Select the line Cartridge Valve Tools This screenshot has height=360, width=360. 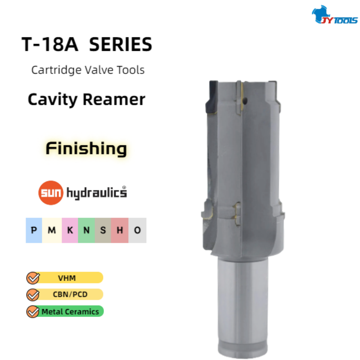click(x=88, y=70)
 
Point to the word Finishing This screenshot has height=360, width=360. click(x=86, y=148)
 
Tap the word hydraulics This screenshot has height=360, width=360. click(x=97, y=193)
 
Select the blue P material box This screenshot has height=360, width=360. click(x=34, y=230)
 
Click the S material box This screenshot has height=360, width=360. click(x=103, y=230)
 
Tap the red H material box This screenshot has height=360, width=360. click(x=120, y=230)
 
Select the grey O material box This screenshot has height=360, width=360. click(x=137, y=230)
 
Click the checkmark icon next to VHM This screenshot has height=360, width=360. click(x=33, y=278)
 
